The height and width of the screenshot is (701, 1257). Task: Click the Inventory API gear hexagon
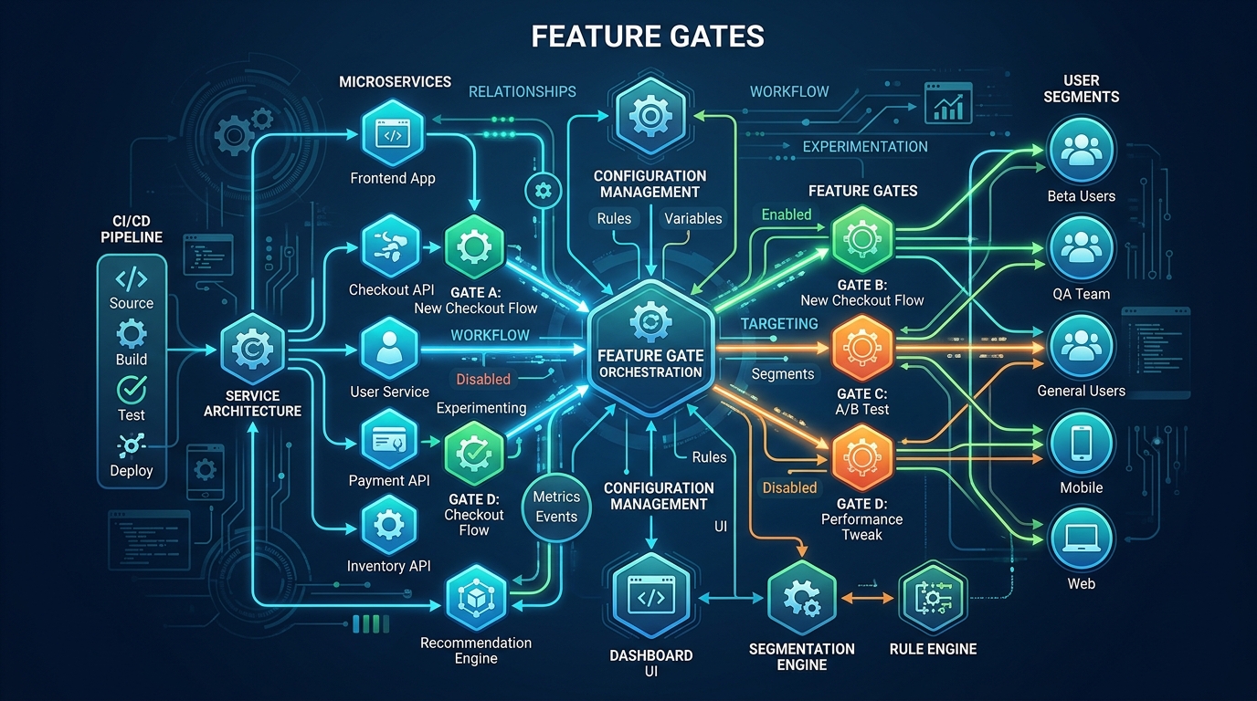[390, 525]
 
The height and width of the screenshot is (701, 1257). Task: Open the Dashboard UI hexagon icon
[650, 598]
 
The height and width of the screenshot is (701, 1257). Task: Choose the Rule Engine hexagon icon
[933, 598]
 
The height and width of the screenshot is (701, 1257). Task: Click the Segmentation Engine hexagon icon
[801, 598]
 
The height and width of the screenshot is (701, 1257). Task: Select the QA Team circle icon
[1082, 248]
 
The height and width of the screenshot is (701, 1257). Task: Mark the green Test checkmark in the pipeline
[132, 390]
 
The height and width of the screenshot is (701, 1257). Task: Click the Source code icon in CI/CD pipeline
[132, 277]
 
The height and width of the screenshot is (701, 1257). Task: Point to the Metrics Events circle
[556, 507]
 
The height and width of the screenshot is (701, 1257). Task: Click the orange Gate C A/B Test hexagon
[861, 349]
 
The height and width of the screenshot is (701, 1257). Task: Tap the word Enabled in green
[787, 214]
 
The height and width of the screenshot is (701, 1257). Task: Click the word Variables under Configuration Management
[692, 218]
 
